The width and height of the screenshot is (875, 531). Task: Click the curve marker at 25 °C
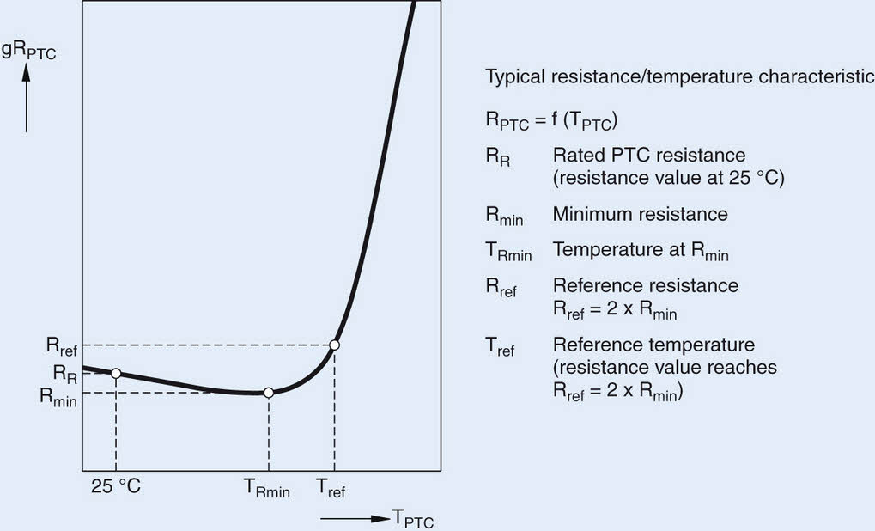click(x=116, y=373)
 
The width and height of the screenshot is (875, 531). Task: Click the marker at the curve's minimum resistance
click(x=269, y=393)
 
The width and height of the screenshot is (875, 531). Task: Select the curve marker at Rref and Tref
click(x=335, y=345)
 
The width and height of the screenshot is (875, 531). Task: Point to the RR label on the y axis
click(x=65, y=373)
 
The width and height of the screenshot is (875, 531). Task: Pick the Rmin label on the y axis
click(x=58, y=396)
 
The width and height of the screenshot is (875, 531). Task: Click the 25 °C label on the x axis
click(x=115, y=487)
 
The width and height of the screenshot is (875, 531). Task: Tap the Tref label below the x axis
click(x=331, y=488)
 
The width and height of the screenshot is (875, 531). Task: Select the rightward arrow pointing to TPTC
click(x=355, y=518)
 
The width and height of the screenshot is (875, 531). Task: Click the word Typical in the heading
click(x=515, y=77)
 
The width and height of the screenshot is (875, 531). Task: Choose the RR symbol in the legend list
click(x=496, y=157)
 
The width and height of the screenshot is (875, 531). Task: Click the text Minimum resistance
click(x=640, y=214)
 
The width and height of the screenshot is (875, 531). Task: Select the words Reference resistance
click(x=645, y=285)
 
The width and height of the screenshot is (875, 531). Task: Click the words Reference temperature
click(x=653, y=345)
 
